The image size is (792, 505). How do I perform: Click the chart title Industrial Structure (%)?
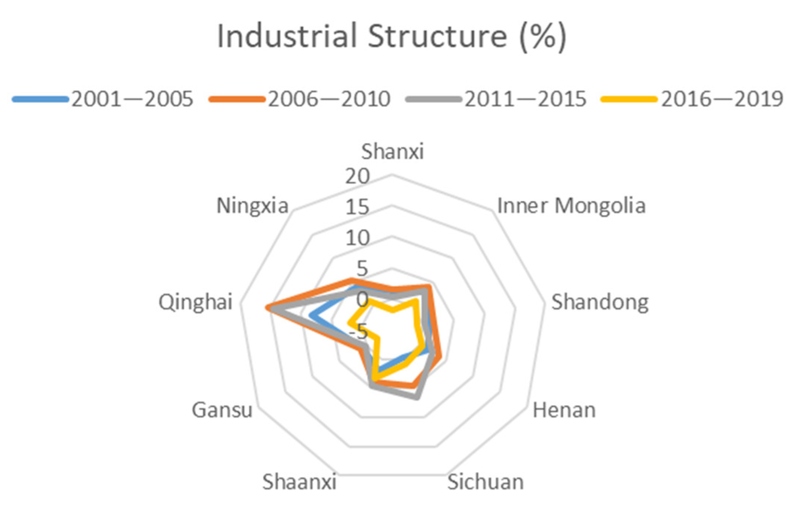pyautogui.click(x=391, y=36)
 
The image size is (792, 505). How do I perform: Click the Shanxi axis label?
pyautogui.click(x=392, y=151)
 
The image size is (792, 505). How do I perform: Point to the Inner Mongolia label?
pyautogui.click(x=571, y=205)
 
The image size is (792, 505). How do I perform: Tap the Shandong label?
pyautogui.click(x=600, y=302)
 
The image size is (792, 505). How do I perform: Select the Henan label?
pyautogui.click(x=564, y=410)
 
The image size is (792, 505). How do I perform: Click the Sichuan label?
pyautogui.click(x=485, y=482)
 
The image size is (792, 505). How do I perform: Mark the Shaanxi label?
pyautogui.click(x=299, y=482)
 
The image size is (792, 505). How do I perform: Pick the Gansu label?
pyautogui.click(x=222, y=410)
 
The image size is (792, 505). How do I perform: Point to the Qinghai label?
pyautogui.click(x=195, y=302)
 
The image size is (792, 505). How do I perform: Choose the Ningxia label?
pyautogui.click(x=252, y=205)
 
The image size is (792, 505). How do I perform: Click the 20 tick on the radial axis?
pyautogui.click(x=357, y=176)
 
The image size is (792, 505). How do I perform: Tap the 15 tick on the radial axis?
pyautogui.click(x=357, y=207)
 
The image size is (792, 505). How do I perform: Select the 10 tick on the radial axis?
pyautogui.click(x=357, y=238)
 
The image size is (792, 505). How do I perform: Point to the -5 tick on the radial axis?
pyautogui.click(x=358, y=330)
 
